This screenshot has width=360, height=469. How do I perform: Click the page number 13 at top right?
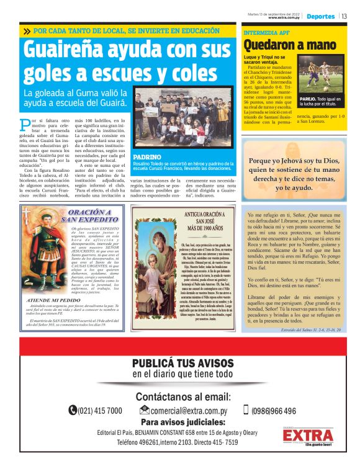344,16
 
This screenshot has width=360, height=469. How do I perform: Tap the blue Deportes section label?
320,16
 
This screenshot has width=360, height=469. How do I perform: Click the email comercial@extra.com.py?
184,411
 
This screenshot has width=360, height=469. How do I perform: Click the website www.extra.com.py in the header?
285,18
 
